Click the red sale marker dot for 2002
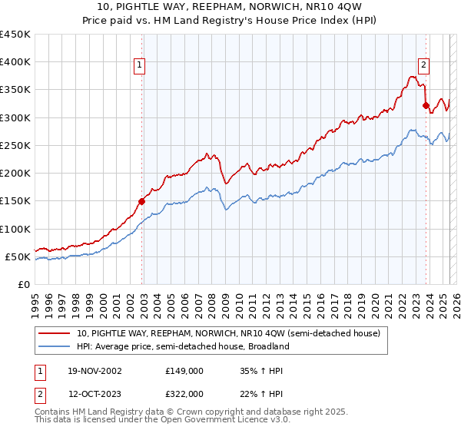(142, 202)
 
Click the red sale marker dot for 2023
(425, 106)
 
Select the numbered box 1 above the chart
(140, 66)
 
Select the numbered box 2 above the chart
(423, 66)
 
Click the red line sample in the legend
(54, 334)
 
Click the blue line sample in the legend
(54, 346)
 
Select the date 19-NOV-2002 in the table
(94, 370)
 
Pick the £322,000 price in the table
(184, 393)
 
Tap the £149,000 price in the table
(184, 370)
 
